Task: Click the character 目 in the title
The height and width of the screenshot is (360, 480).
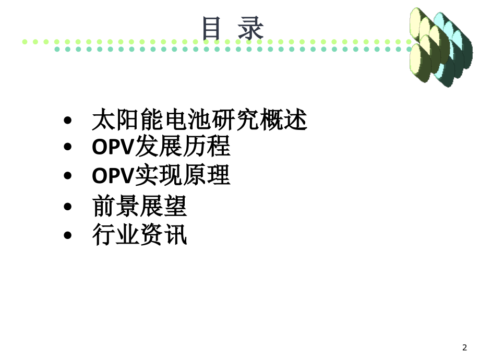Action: tap(211, 28)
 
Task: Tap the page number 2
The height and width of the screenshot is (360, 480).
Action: tap(465, 347)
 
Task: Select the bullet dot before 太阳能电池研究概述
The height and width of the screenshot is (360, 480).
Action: tap(68, 120)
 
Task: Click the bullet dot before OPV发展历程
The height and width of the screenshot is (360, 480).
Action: tap(68, 147)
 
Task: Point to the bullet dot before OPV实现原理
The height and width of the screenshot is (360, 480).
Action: tap(68, 176)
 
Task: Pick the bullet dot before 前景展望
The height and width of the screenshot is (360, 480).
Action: tap(68, 207)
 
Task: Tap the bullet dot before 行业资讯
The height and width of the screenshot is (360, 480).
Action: tap(68, 235)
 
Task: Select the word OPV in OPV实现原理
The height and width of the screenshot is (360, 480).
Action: tap(113, 176)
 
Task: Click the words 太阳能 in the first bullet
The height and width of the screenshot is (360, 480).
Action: tap(128, 119)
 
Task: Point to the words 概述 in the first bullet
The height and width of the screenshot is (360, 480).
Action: tap(284, 119)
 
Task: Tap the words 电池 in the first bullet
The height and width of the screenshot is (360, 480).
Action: tap(188, 119)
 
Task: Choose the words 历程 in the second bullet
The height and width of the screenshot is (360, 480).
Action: tap(207, 146)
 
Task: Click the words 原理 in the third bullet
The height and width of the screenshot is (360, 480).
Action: tap(207, 175)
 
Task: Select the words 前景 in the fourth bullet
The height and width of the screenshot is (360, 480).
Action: tap(116, 206)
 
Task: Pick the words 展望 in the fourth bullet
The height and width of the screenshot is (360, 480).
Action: tap(163, 206)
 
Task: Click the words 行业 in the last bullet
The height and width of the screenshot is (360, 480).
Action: tap(116, 235)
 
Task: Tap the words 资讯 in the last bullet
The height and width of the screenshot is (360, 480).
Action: tap(163, 235)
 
